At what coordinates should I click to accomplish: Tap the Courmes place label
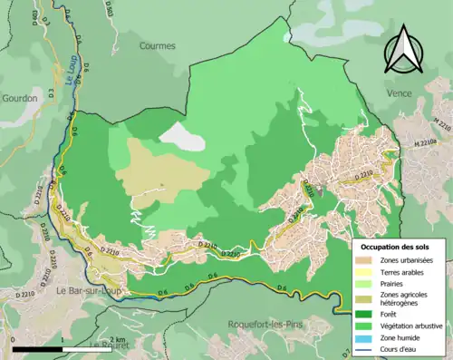point(158,45)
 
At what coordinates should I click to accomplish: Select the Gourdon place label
point(19,97)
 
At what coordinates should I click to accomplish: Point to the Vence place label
point(423,93)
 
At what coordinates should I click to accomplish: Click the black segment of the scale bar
point(36,348)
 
